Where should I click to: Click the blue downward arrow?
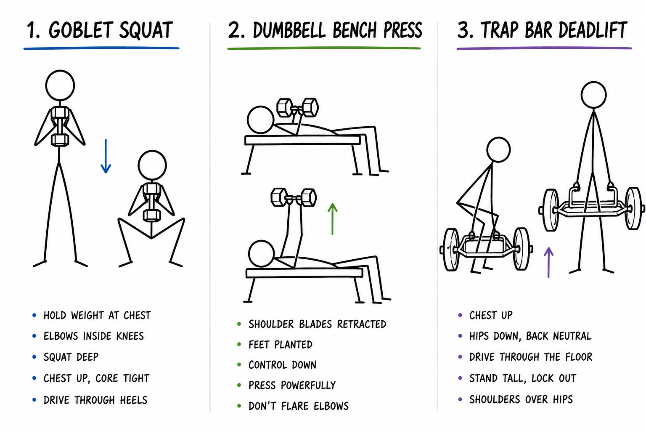106,156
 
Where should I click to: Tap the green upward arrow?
333,219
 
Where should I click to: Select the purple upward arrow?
548,262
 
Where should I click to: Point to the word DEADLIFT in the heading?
593,30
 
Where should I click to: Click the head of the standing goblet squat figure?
60,85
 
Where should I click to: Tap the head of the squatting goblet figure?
152,165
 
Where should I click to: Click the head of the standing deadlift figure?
593,95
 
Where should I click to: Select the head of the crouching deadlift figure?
498,149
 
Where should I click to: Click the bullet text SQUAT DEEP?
71,357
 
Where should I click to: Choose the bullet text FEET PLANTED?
281,345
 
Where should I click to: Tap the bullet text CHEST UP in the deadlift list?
491,315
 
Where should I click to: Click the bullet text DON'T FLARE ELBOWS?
299,406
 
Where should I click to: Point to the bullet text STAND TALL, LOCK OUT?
523,378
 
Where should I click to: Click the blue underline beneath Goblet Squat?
101,48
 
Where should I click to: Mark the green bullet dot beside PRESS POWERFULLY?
239,385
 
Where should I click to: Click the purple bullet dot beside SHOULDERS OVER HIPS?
460,399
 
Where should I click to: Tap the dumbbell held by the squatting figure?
151,202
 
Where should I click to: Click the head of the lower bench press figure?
261,253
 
